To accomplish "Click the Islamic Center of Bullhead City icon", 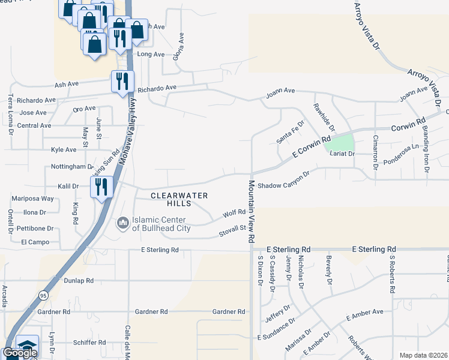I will [123, 224].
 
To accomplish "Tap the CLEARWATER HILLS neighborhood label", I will [179, 200].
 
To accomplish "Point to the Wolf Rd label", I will [234, 213].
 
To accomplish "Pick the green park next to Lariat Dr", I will [339, 143].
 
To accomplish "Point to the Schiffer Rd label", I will [89, 343].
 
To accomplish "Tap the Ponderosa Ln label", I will [400, 154].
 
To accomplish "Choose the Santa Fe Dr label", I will [290, 133].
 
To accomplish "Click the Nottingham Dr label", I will [72, 167].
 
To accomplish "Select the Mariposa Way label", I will [33, 198].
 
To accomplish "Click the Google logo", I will [19, 353].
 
